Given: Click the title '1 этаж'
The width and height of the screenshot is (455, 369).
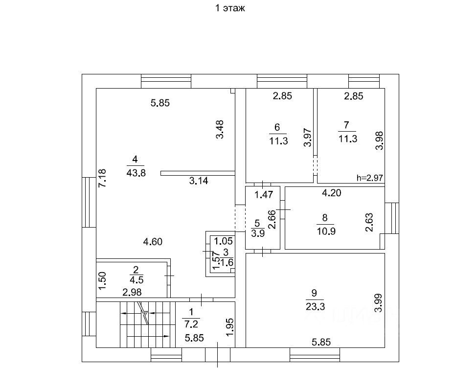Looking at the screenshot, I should [230, 8].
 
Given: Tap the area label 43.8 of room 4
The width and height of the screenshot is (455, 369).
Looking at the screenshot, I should [136, 172].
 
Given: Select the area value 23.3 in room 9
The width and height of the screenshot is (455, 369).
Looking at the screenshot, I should [314, 307].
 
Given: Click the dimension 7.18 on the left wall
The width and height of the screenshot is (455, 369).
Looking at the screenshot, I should [102, 178].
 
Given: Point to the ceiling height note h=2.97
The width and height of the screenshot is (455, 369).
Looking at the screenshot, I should [370, 178].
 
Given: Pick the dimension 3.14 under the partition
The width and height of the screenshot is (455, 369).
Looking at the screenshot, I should [199, 181].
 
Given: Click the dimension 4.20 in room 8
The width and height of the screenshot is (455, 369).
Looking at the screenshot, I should [331, 193].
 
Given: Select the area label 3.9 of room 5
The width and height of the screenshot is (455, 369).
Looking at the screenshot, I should [257, 232].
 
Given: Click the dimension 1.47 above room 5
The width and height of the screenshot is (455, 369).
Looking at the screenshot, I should [263, 195].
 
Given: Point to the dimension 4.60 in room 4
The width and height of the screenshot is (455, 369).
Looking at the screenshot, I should [153, 241].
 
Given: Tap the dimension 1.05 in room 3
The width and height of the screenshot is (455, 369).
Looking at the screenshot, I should [224, 241].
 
